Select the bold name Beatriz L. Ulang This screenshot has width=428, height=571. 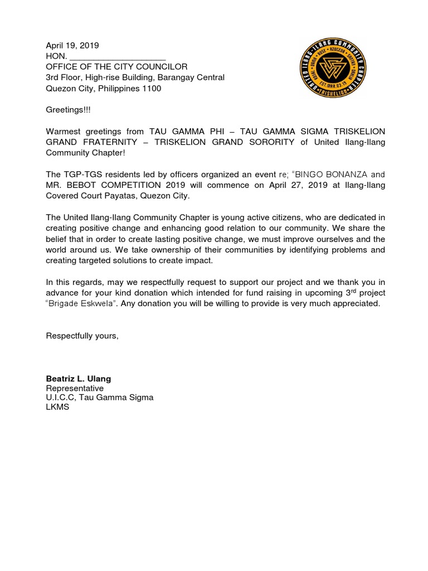point(78,379)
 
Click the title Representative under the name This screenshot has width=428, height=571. point(74,388)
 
